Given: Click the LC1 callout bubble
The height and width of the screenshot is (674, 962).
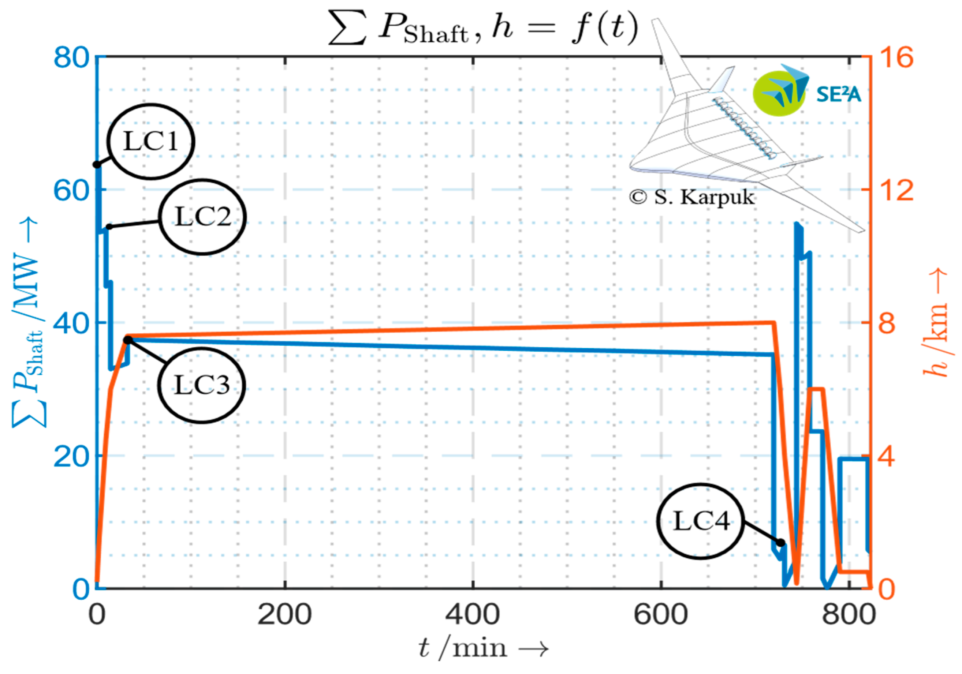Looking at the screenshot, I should [150, 142].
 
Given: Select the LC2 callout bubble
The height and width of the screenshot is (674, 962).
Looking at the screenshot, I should [203, 217].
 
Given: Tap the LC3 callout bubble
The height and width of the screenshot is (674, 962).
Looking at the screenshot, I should [202, 385].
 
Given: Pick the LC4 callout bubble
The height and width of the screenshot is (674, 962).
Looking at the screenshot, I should [701, 521].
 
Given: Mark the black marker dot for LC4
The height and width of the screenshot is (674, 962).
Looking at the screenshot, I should [780, 543].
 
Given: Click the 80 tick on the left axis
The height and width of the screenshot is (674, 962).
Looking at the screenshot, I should [71, 57].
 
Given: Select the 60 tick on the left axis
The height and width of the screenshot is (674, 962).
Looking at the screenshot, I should [71, 191].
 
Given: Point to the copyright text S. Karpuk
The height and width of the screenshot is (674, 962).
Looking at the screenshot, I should [692, 197].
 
